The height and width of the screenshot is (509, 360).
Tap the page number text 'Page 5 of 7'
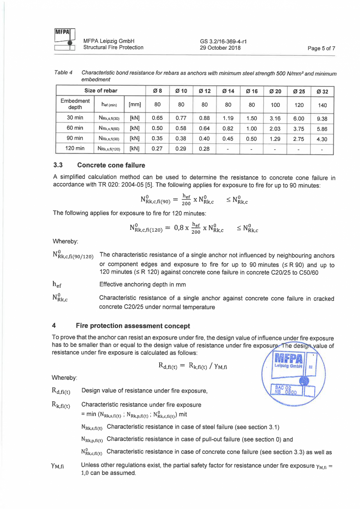(321, 49)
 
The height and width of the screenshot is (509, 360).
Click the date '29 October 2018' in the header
(220, 48)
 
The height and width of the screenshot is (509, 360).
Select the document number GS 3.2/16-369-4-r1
(223, 41)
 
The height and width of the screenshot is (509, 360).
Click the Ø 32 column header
(322, 92)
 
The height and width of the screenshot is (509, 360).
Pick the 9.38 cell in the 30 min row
(322, 119)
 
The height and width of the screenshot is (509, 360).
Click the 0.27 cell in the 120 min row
(157, 149)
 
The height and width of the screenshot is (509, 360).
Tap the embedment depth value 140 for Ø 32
(322, 105)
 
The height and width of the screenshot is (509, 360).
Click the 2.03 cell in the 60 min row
(276, 129)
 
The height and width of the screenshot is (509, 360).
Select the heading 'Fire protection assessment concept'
(133, 326)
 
